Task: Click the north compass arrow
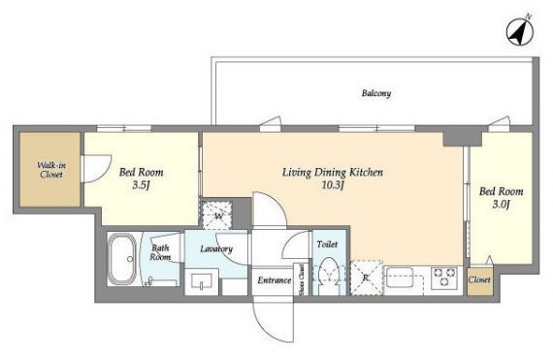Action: pos(520,32)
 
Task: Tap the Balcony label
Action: pos(376,93)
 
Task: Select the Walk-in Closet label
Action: pos(51,170)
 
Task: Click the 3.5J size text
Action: pos(141,185)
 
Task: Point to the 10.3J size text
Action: pos(333,185)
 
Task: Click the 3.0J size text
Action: pos(501,205)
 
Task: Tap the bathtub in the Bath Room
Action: pos(122,259)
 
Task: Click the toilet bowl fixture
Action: pos(329,276)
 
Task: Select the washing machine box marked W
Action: pos(217,215)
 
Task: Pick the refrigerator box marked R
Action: pos(367,278)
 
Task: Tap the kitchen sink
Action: pos(400,278)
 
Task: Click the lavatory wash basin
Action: pos(202,281)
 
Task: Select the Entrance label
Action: pos(274,280)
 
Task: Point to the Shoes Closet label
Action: pos(301,279)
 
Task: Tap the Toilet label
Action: pos(327,244)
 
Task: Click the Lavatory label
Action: pos(216,249)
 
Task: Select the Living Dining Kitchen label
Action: pos(333,173)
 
